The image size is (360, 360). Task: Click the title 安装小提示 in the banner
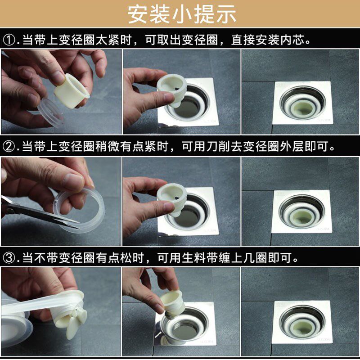point(182,14)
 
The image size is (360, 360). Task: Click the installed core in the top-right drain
point(302,108)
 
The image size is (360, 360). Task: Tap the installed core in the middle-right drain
point(302,216)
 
